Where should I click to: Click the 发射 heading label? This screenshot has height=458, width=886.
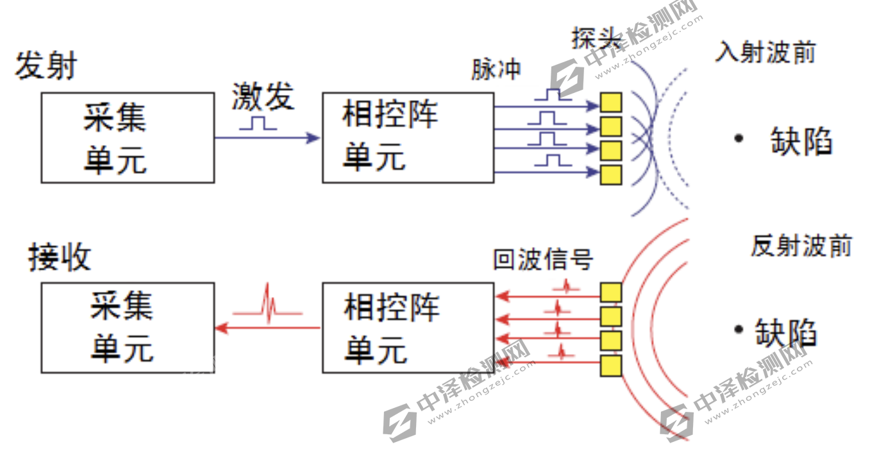pos(46,66)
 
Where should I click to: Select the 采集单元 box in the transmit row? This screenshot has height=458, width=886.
pos(128,137)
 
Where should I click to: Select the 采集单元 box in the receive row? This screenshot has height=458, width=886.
pos(128,328)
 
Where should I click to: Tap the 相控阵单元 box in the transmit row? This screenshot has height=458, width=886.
pos(408,137)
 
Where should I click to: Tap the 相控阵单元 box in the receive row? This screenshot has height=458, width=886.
pos(408,328)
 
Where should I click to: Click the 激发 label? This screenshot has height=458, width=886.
pos(263,96)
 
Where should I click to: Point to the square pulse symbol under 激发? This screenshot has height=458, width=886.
pos(258,123)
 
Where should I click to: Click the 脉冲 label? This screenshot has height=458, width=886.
pos(496,69)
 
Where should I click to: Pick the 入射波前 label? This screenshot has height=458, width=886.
pos(765,52)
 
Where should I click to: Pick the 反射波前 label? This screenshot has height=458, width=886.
pos(801,246)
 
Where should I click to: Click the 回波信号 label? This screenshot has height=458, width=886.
pos(543,259)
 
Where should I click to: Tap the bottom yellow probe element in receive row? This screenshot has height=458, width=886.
pos(611,366)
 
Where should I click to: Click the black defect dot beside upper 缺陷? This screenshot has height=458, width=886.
pos(739,138)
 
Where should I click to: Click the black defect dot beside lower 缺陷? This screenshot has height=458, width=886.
pos(739,330)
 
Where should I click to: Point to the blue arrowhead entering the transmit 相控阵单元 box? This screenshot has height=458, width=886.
pos(313,137)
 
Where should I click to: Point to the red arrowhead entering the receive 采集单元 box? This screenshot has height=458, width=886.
pos(222,328)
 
